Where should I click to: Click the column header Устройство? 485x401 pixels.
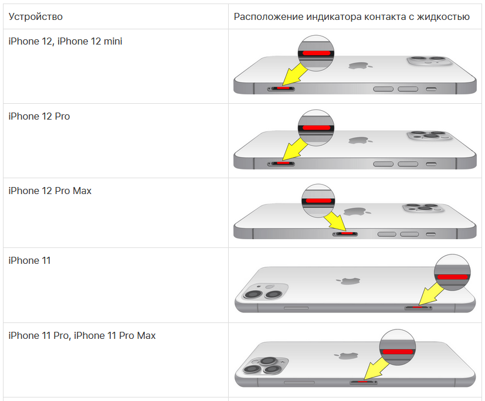pyautogui.click(x=36, y=16)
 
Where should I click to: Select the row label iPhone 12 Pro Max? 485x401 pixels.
pyautogui.click(x=50, y=191)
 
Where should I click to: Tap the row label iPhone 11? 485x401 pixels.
pyautogui.click(x=29, y=260)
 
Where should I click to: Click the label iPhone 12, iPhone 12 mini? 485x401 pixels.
pyautogui.click(x=65, y=42)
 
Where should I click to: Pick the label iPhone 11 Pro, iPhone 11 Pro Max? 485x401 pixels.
pyautogui.click(x=82, y=336)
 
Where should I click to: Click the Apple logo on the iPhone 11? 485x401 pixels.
pyautogui.click(x=350, y=281)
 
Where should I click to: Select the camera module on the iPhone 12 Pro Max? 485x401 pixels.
pyautogui.click(x=421, y=209)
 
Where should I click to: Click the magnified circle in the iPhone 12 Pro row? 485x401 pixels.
pyautogui.click(x=316, y=127)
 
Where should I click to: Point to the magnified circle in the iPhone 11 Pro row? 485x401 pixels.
pyautogui.click(x=398, y=347)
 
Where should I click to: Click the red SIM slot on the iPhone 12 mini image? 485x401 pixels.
pyautogui.click(x=282, y=89)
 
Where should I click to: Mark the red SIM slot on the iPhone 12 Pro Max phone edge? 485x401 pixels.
pyautogui.click(x=346, y=233)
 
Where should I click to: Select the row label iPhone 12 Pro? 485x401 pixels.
pyautogui.click(x=39, y=116)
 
